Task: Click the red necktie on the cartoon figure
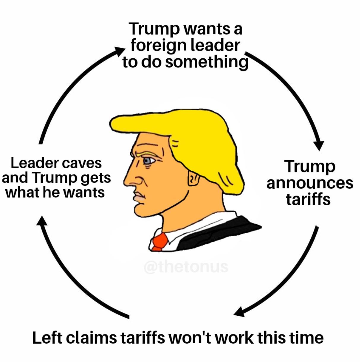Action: tap(160, 242)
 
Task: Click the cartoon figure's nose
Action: tap(132, 181)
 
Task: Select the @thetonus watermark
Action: tap(186, 267)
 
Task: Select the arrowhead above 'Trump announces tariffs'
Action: tap(319, 145)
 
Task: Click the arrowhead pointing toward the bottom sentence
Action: tap(240, 312)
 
